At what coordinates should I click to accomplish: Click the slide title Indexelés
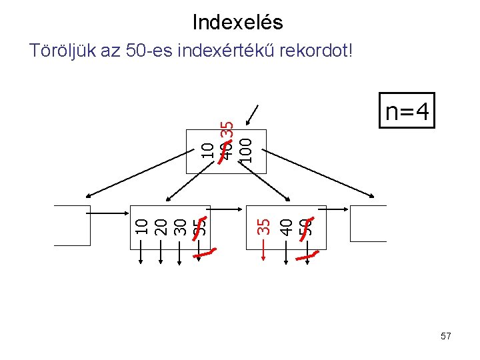tap(237, 23)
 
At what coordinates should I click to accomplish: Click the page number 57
tap(446, 337)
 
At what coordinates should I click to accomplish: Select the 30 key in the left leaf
tap(179, 227)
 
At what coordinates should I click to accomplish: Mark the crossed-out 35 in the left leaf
tap(199, 227)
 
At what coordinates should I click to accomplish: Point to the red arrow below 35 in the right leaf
tap(264, 256)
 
